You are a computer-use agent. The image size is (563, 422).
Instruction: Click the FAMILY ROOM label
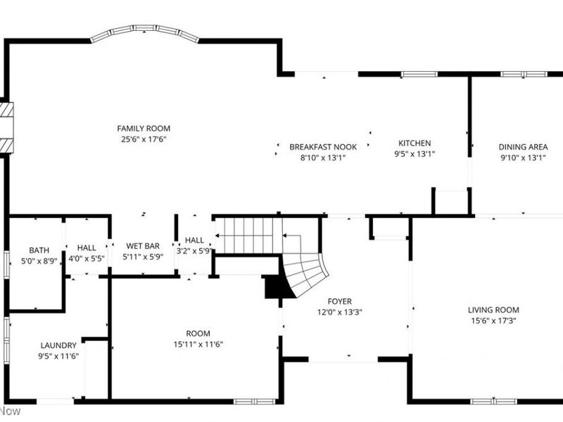pos(144,129)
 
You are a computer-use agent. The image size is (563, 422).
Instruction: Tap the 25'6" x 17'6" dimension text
pos(144,139)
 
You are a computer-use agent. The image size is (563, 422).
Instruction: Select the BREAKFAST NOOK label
pos(323,147)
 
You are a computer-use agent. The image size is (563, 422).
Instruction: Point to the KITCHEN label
pos(415,143)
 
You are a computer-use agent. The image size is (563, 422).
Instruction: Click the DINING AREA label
pos(523,147)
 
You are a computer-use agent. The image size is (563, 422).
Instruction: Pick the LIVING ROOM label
pos(493,310)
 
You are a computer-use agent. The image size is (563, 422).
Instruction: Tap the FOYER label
pos(340,302)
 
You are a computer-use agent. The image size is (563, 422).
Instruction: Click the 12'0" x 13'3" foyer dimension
pos(340,312)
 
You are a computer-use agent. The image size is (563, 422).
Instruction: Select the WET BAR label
pos(143,246)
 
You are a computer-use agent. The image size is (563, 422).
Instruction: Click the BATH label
pos(39,250)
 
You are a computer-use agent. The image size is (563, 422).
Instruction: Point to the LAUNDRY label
pos(58,345)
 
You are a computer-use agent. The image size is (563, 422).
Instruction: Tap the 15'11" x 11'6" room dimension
pos(198,345)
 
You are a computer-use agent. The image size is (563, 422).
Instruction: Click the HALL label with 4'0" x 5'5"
pos(87,248)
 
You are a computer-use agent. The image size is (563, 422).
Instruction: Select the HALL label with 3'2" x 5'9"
pos(195,240)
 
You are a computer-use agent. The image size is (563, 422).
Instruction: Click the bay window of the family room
pos(144,31)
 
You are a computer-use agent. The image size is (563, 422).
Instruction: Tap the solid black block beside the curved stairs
pos(276,287)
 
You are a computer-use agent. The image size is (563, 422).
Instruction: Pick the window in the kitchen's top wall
pos(419,75)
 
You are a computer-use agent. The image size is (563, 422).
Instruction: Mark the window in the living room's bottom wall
pos(494,401)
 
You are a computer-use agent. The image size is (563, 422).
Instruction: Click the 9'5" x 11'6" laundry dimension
pos(58,356)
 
